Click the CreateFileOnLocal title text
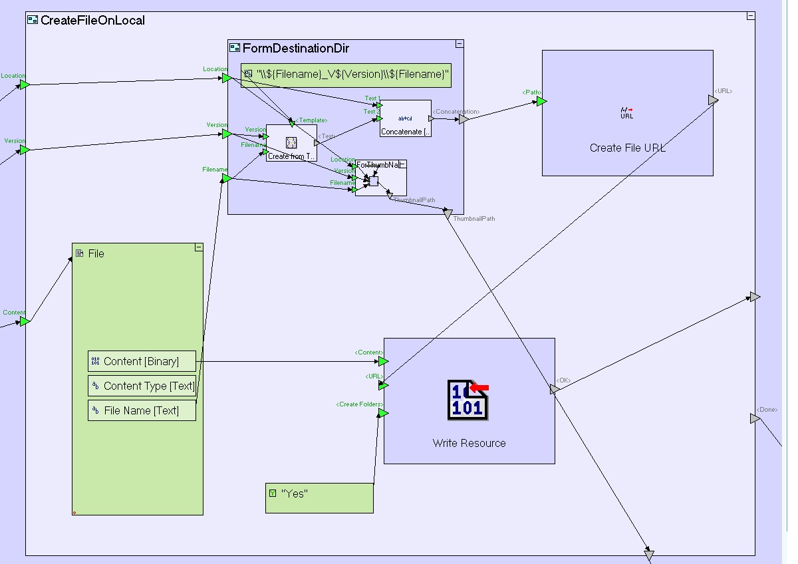pos(92,20)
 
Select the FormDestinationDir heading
pos(295,48)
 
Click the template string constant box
pos(346,74)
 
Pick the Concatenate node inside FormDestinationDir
pos(406,118)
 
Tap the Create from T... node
pos(291,143)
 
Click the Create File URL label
pos(627,148)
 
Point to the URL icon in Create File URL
pos(626,113)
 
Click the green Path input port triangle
pos(541,101)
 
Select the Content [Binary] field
pos(142,361)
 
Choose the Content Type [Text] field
pos(142,386)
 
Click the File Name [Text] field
pos(142,410)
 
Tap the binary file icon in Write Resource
pos(468,400)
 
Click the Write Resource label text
pos(469,443)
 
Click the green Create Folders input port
pos(383,413)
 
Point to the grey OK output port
pos(554,390)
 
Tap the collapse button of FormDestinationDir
pos(459,44)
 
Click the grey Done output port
pos(754,418)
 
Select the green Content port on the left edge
pos(25,321)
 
